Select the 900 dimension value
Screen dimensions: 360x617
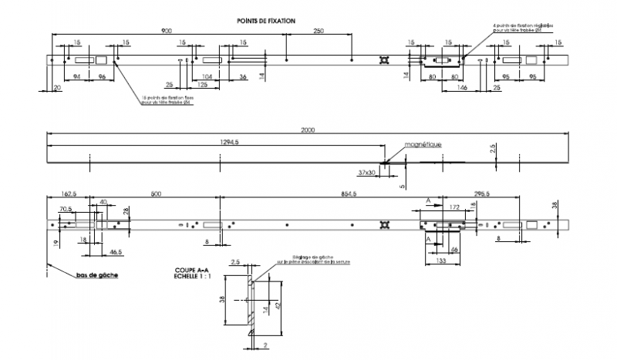[167, 31]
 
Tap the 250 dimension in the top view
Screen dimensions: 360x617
[319, 31]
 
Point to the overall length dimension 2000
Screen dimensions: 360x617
[308, 130]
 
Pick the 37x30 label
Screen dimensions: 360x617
[367, 172]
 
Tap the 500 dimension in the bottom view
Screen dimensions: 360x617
[157, 194]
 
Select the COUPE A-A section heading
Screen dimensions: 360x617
[190, 271]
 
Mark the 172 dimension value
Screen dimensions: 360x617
[454, 207]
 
